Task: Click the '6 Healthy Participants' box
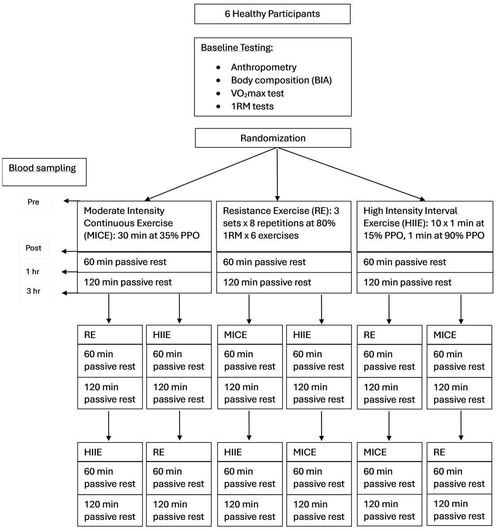(x=272, y=14)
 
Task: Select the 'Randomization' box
(x=273, y=138)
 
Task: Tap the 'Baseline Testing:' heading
(x=237, y=48)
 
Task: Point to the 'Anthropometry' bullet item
(x=264, y=67)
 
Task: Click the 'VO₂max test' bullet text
(x=257, y=93)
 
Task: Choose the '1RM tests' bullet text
(x=252, y=106)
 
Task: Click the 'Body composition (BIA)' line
(x=281, y=80)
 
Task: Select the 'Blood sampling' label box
(x=44, y=172)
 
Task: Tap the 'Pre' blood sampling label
(x=34, y=202)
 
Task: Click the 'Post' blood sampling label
(x=34, y=248)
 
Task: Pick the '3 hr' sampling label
(x=34, y=291)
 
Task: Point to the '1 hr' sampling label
(x=33, y=272)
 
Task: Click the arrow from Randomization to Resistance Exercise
(x=277, y=174)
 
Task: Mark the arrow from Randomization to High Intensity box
(x=351, y=174)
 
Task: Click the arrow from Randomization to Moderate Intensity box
(x=211, y=174)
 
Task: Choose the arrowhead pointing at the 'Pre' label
(x=66, y=201)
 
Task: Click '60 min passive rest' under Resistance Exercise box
(x=264, y=262)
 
